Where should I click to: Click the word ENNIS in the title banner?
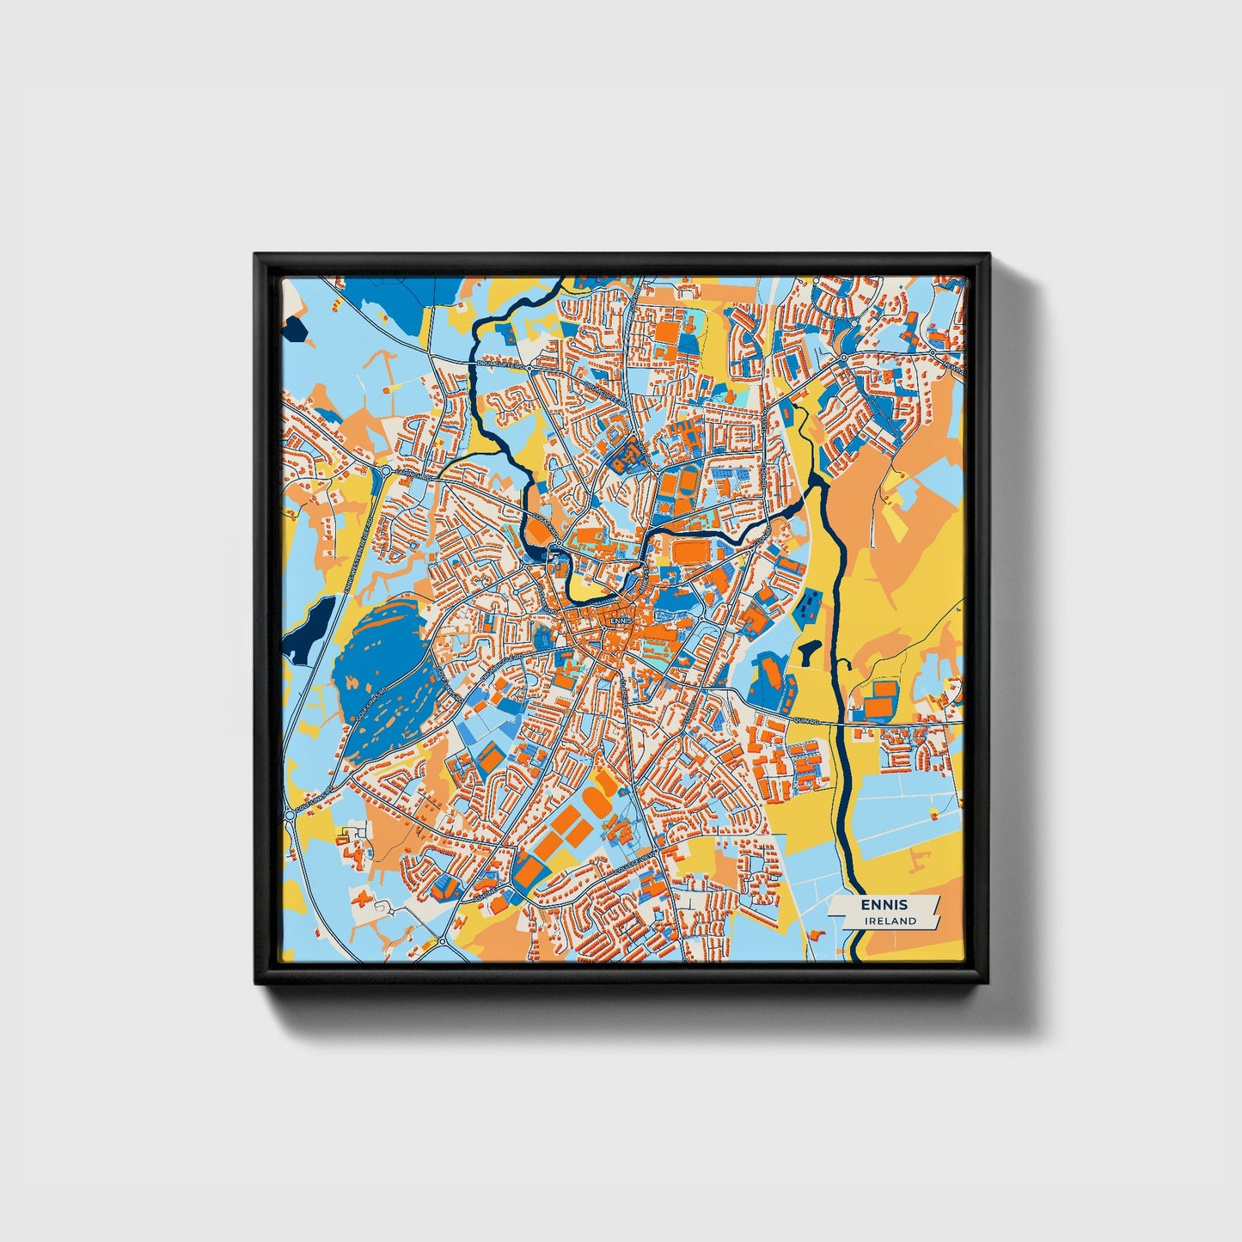(885, 905)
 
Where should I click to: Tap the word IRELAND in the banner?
(890, 921)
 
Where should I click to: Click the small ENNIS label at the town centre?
(620, 619)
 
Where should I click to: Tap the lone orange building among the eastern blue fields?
(935, 811)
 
